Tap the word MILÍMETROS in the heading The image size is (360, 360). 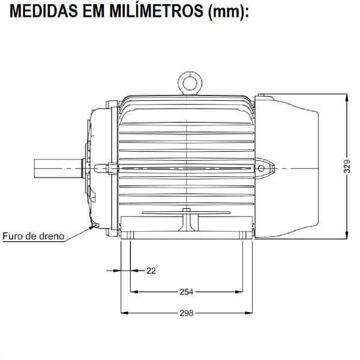tap(154, 13)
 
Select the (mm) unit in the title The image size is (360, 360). tap(227, 13)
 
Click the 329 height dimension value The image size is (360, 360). tap(347, 166)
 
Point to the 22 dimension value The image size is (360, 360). tap(151, 271)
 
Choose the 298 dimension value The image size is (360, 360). tap(187, 313)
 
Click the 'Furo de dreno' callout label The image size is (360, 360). tap(32, 236)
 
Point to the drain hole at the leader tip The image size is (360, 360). tap(92, 226)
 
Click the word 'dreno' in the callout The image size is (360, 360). tap(50, 236)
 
